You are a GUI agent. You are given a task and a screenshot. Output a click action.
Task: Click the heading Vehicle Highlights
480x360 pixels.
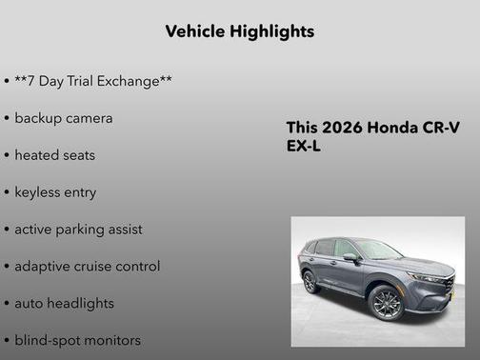click(239, 31)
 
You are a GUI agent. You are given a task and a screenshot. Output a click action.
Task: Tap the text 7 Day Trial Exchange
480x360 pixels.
click(93, 81)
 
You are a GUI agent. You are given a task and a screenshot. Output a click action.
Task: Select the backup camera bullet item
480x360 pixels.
click(64, 118)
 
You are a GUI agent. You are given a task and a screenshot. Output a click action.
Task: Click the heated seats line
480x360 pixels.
click(55, 154)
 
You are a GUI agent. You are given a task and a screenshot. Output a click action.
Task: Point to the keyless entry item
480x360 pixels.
click(55, 191)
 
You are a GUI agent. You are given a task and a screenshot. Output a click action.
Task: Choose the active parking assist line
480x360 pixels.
click(78, 229)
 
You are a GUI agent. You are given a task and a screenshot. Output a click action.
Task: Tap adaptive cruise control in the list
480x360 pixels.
click(87, 266)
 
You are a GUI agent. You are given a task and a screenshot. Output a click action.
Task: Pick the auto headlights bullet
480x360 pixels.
click(64, 303)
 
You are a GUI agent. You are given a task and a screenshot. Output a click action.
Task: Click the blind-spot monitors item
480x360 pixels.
click(77, 340)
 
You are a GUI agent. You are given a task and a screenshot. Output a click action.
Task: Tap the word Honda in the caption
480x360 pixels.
click(391, 129)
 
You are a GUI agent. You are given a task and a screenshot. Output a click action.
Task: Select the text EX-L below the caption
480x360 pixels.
click(305, 148)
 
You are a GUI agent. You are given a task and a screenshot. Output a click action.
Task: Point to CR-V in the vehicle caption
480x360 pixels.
click(441, 129)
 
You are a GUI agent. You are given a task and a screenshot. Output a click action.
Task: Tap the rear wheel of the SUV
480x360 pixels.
click(310, 282)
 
